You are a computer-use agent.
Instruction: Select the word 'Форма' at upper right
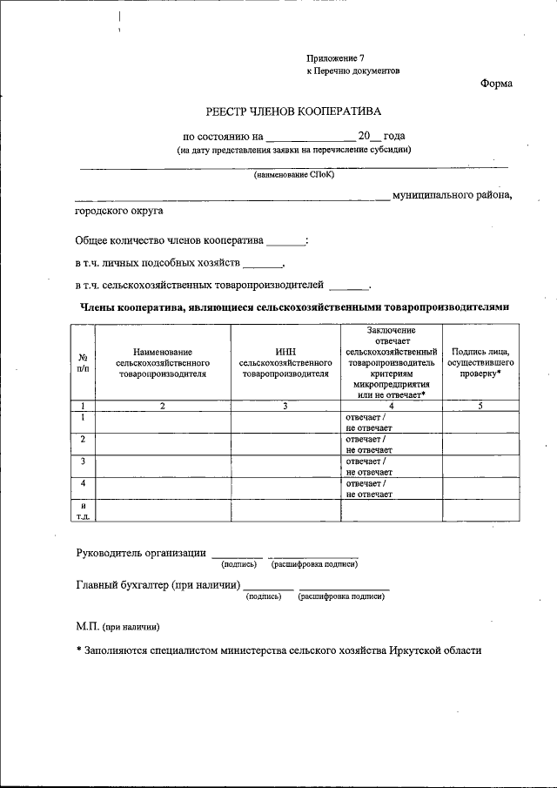pyautogui.click(x=496, y=84)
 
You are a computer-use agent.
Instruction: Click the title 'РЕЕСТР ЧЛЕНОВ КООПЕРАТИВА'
pyautogui.click(x=292, y=111)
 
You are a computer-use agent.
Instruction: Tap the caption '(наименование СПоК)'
pyautogui.click(x=293, y=174)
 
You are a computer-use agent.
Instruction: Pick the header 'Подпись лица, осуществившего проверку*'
pyautogui.click(x=480, y=361)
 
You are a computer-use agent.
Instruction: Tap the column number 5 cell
pyautogui.click(x=480, y=406)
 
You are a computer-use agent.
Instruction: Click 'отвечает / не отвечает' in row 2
pyautogui.click(x=368, y=444)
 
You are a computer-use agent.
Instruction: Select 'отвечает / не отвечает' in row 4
pyautogui.click(x=368, y=488)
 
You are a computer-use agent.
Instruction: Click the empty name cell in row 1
pyautogui.click(x=163, y=421)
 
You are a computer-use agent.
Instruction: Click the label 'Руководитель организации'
pyautogui.click(x=141, y=553)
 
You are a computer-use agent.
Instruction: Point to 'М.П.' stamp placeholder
pyautogui.click(x=87, y=626)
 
